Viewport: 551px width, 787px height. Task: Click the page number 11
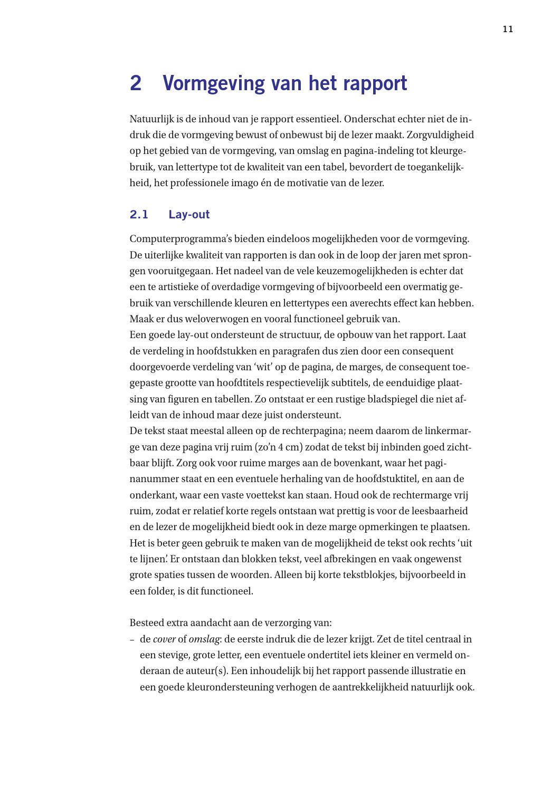(508, 30)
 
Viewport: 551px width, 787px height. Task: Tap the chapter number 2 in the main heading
(136, 83)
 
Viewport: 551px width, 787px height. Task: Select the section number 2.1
(139, 215)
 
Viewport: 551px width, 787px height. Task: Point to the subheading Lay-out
(189, 215)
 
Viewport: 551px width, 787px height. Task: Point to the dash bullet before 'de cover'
(132, 639)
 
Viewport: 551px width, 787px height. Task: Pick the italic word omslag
(204, 639)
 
